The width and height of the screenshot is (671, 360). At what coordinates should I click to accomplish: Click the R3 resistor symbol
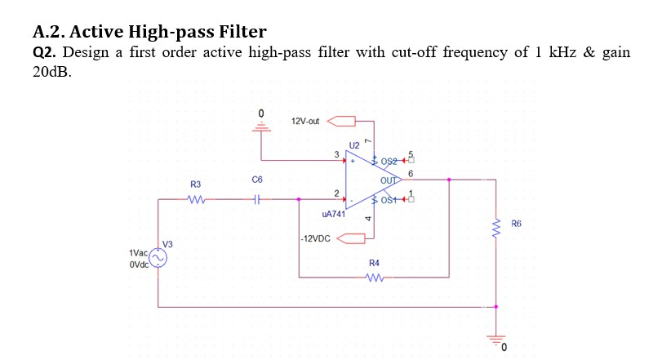click(196, 198)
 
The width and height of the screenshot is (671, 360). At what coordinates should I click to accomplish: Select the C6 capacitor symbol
click(258, 198)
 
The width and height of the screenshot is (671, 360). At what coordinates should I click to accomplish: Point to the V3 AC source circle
click(157, 259)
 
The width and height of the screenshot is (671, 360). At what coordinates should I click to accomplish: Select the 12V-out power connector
click(343, 122)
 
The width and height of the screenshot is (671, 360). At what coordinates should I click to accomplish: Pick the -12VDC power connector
click(351, 238)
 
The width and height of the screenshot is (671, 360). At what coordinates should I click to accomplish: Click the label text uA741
click(334, 214)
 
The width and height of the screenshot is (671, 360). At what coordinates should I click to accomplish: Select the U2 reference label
click(353, 144)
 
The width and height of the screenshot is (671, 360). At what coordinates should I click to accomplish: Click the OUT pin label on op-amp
click(389, 180)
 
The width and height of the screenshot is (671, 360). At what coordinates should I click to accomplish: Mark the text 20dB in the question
click(52, 72)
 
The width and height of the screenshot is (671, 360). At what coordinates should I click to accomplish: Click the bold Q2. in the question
click(44, 53)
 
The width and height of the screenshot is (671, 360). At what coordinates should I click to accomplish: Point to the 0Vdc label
click(137, 266)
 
